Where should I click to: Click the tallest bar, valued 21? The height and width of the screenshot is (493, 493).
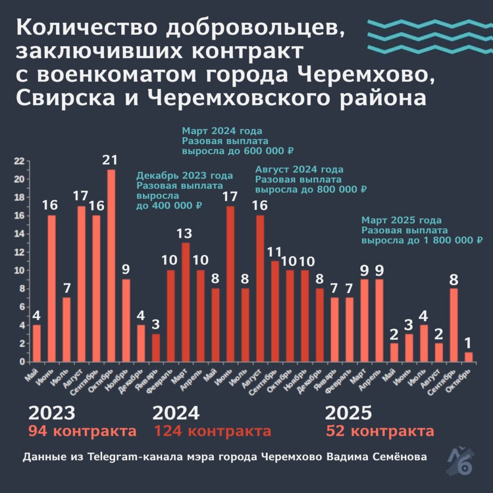tap(111, 265)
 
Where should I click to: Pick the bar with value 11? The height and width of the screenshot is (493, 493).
tap(275, 311)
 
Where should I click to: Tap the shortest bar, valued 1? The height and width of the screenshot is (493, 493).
tap(468, 357)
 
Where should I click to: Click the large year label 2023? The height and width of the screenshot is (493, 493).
tap(52, 413)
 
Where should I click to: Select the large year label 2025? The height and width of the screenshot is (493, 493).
tap(349, 413)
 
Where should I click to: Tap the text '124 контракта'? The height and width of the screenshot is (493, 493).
tap(212, 431)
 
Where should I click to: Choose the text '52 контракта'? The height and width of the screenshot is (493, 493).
tap(380, 431)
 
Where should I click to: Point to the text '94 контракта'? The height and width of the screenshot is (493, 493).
tap(82, 431)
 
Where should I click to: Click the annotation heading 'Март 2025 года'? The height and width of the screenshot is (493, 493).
tap(402, 221)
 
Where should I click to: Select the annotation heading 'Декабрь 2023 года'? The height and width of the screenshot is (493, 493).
tap(185, 176)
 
